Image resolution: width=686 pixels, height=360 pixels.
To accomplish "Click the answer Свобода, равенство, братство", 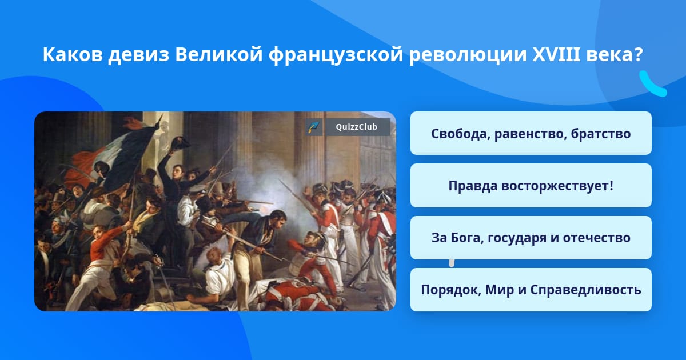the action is pyautogui.click(x=531, y=133).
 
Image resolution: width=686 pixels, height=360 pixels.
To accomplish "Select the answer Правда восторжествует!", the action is pyautogui.click(x=531, y=186).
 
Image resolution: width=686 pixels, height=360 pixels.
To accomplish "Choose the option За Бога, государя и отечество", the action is pyautogui.click(x=531, y=238).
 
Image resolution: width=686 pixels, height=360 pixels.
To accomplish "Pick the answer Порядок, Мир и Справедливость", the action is pyautogui.click(x=531, y=290).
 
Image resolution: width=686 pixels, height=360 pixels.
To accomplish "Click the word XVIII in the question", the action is pyautogui.click(x=556, y=54).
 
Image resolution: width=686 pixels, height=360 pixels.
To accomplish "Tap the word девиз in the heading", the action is pyautogui.click(x=139, y=55).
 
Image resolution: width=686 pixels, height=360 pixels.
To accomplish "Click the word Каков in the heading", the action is pyautogui.click(x=73, y=55).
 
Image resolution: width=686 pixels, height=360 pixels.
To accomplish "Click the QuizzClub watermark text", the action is pyautogui.click(x=357, y=127).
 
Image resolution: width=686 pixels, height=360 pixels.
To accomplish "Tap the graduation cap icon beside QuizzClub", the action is pyautogui.click(x=314, y=127).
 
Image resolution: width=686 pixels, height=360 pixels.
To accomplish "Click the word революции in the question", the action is pyautogui.click(x=468, y=55).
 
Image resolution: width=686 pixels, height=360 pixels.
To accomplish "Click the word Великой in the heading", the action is pyautogui.click(x=219, y=55).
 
